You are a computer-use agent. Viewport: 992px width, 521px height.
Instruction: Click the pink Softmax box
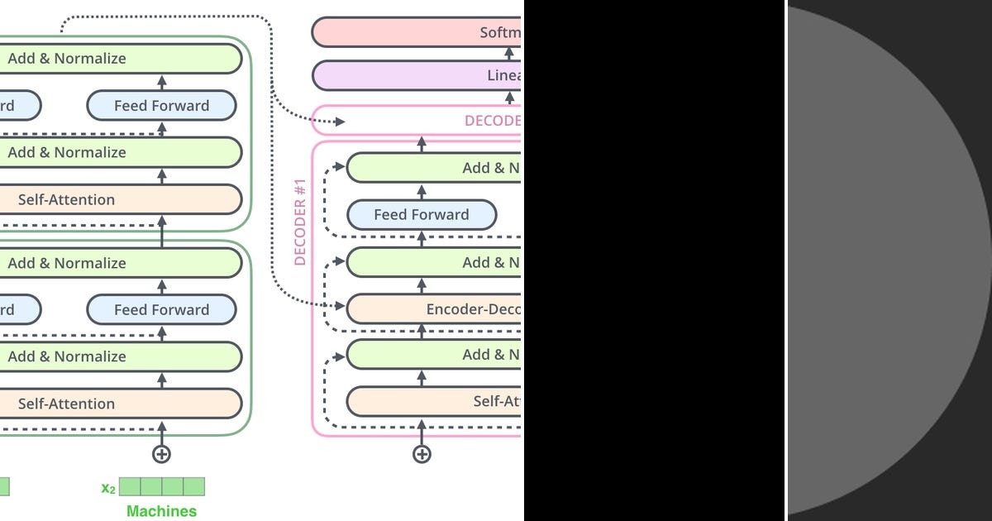coord(417,32)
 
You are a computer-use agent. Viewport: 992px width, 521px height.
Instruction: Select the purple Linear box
coord(417,75)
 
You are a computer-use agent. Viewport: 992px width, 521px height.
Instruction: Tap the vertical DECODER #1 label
coord(300,221)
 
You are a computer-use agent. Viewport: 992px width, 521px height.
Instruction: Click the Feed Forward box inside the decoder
coord(421,215)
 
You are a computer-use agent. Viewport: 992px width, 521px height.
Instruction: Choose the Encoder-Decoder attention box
coord(434,309)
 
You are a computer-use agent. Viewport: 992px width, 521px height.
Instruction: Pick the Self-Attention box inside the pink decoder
coord(434,401)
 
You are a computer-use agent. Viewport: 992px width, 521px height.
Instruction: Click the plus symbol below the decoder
coord(422,453)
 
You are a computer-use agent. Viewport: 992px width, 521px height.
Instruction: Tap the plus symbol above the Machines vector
coord(161,453)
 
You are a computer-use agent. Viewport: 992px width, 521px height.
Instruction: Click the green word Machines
coord(161,511)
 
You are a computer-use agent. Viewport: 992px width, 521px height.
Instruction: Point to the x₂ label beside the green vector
coord(108,488)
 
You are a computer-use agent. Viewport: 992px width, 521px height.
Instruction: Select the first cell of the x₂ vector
coord(130,486)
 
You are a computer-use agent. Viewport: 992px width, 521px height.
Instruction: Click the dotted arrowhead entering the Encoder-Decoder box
coord(341,306)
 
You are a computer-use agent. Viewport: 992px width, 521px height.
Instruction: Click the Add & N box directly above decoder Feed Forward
coord(434,168)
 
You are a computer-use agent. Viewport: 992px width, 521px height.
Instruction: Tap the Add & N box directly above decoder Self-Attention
coord(434,355)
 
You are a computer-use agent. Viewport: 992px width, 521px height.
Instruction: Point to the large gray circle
coord(885,260)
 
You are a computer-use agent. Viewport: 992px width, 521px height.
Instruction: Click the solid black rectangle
coord(653,260)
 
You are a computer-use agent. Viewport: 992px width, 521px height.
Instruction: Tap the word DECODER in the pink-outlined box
coord(493,121)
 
